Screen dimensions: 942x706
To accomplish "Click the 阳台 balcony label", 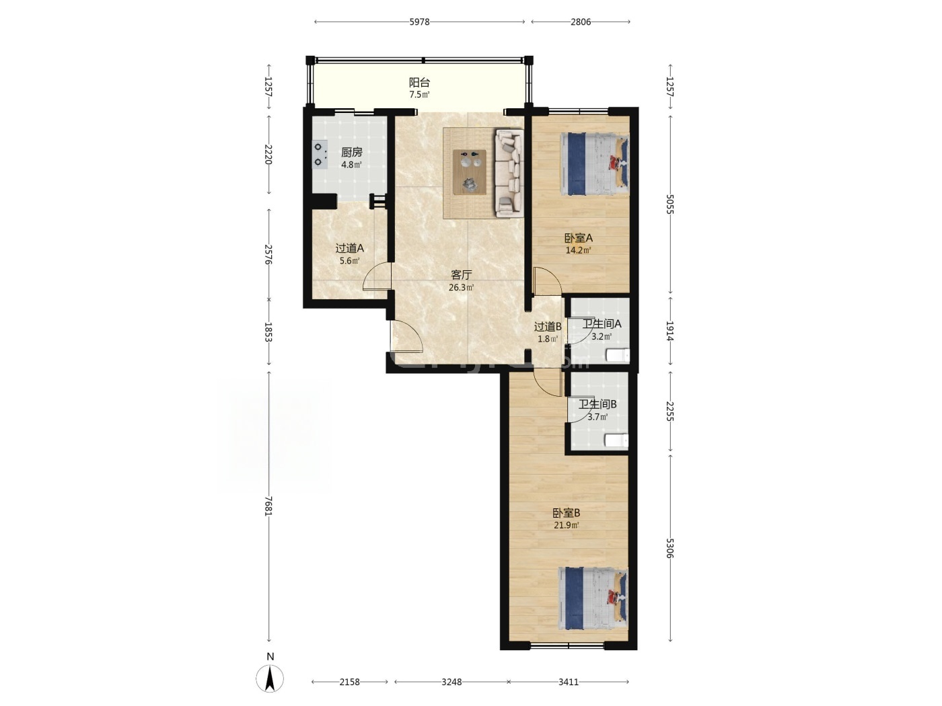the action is pyautogui.click(x=419, y=82).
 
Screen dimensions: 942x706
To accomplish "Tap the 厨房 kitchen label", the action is pyautogui.click(x=351, y=152).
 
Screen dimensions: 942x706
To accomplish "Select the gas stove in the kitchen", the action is pyautogui.click(x=320, y=155).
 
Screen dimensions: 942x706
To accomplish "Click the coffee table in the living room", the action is pyautogui.click(x=470, y=172).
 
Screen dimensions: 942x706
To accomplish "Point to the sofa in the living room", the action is pyautogui.click(x=509, y=172).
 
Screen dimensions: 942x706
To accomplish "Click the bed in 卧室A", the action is pyautogui.click(x=594, y=164).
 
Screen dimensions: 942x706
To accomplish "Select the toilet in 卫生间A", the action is pyautogui.click(x=618, y=356).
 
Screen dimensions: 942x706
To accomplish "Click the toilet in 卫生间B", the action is pyautogui.click(x=616, y=440).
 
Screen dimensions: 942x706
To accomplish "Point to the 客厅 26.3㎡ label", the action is pyautogui.click(x=462, y=281).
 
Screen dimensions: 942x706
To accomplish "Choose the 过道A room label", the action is pyautogui.click(x=349, y=248).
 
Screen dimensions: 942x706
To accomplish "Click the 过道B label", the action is pyautogui.click(x=548, y=327).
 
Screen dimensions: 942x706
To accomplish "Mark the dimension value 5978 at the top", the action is pyautogui.click(x=419, y=22).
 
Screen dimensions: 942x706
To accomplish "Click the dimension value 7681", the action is pyautogui.click(x=268, y=506).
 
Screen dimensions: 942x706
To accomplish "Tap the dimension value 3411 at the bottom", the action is pyautogui.click(x=568, y=682).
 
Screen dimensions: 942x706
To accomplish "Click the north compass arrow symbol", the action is pyautogui.click(x=270, y=678).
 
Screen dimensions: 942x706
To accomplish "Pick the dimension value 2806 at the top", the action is pyautogui.click(x=581, y=22).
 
